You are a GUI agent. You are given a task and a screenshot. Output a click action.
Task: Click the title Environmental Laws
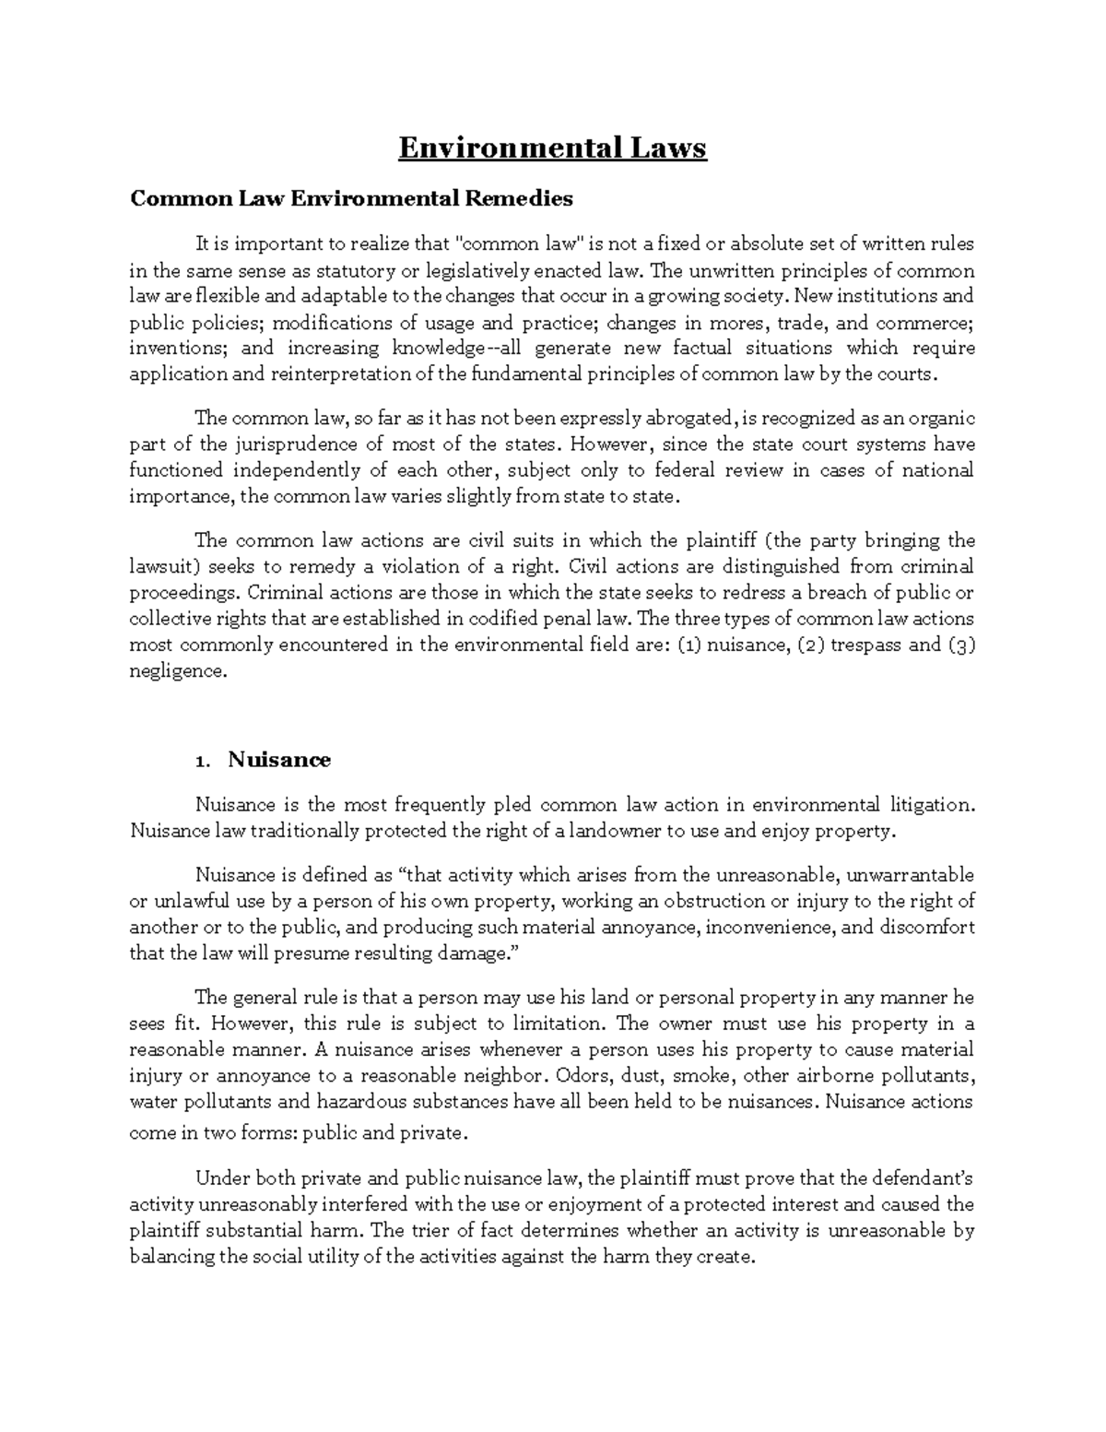coord(552,148)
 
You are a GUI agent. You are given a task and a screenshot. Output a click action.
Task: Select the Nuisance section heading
coord(278,760)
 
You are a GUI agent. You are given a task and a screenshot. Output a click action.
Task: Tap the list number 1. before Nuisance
coord(204,762)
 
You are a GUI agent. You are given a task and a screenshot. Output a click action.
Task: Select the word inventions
coord(166,349)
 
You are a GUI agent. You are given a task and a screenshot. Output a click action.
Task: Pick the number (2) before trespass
coord(807,645)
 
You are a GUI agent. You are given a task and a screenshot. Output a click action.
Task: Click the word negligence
coord(175,671)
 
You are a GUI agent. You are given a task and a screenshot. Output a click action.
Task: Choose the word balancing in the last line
coord(171,1257)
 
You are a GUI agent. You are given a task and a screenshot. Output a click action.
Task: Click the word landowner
coord(615,831)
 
